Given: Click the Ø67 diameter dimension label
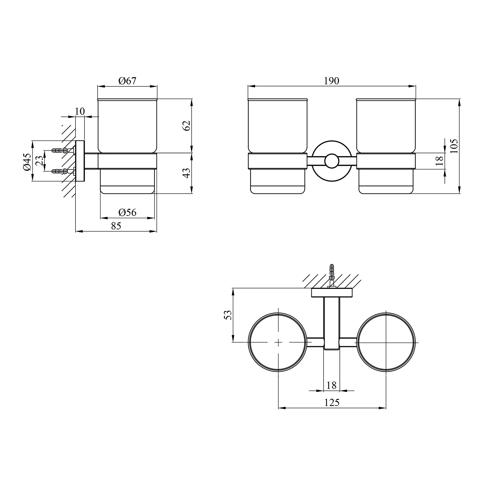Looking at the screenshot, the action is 127,81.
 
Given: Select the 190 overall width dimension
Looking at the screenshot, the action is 332,81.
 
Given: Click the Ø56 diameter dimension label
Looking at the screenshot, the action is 127,212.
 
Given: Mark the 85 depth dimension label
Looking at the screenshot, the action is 116,226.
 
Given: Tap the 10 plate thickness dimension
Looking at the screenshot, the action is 80,111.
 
